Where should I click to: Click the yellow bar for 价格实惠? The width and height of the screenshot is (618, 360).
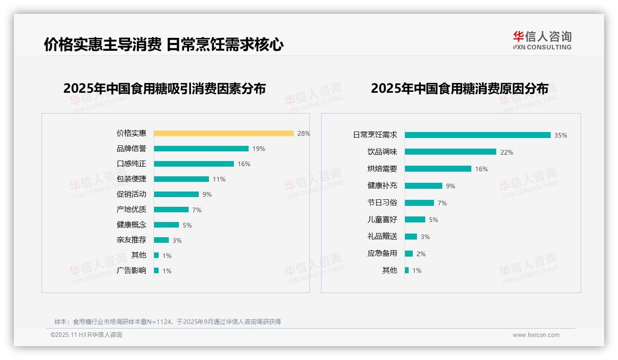click(224, 133)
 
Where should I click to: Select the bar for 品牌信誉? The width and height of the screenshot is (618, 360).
click(201, 149)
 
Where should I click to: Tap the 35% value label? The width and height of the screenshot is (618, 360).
click(560, 135)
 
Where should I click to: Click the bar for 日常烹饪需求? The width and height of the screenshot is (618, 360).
click(477, 135)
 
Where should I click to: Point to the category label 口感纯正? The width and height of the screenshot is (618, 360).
click(131, 164)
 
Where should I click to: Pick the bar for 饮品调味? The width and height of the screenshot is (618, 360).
click(450, 152)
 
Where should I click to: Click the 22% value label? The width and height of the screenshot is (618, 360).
click(506, 152)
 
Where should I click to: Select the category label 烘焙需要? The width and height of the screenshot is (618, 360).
click(382, 169)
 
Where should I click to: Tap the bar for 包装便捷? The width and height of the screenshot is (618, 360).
click(181, 179)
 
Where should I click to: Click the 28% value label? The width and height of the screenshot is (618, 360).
click(303, 133)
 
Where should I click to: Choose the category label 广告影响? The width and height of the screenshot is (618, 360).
click(131, 270)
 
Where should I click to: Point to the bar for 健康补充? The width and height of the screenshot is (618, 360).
click(423, 186)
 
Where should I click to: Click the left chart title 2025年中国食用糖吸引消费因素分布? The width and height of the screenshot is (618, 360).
click(165, 89)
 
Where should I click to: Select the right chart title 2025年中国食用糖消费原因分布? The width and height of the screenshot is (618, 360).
click(459, 89)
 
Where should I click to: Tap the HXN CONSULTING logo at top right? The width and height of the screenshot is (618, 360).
click(542, 41)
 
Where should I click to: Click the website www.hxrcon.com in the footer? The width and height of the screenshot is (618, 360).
click(535, 335)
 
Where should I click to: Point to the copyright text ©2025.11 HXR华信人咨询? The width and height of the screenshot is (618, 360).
click(86, 335)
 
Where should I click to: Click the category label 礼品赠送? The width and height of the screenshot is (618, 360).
click(382, 236)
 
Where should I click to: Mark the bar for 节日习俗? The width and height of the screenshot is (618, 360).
click(419, 203)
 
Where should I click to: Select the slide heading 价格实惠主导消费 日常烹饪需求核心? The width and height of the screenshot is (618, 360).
click(164, 45)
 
